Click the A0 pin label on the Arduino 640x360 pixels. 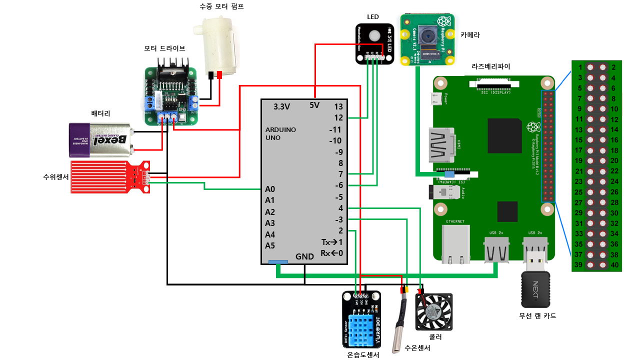click(270, 189)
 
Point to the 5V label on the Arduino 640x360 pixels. click(314, 105)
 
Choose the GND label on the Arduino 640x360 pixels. click(304, 256)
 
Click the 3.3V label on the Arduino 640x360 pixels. click(282, 106)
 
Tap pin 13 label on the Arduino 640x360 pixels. click(338, 106)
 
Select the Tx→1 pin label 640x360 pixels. click(332, 242)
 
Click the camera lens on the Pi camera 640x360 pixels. click(427, 36)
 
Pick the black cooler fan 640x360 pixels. click(434, 312)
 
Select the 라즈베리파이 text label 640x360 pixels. click(491, 66)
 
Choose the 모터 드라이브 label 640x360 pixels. click(164, 48)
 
